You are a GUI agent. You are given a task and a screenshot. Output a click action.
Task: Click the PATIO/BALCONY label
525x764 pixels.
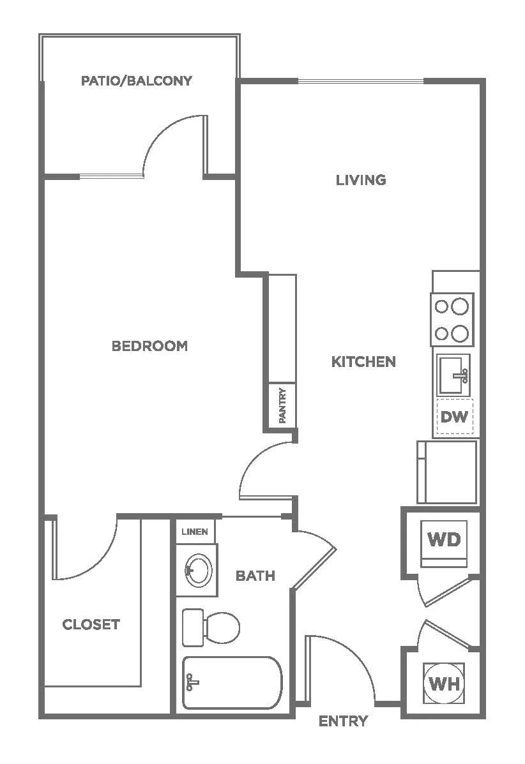click(137, 80)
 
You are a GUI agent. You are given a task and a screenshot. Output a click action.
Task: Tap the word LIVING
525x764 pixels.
click(361, 180)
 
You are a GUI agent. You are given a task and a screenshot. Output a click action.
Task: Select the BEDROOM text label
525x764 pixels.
click(149, 346)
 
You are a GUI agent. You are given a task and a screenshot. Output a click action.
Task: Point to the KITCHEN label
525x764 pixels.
click(363, 361)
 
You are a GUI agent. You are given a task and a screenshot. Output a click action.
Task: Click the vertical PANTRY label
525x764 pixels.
click(282, 405)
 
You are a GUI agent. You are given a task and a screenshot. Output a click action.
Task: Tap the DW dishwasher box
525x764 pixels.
click(454, 417)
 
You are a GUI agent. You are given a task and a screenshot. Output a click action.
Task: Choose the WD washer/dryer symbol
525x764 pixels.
click(444, 544)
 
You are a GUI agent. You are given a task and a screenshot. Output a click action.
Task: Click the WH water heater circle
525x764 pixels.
click(445, 683)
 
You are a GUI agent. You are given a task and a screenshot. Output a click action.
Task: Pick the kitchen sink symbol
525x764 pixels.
click(453, 375)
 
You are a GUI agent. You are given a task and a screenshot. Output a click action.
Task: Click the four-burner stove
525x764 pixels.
click(452, 320)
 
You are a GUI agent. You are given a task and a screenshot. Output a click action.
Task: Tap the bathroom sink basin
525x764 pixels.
click(198, 569)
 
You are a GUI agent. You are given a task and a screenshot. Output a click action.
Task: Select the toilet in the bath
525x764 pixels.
click(211, 627)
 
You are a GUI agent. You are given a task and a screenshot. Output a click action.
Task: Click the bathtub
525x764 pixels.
click(232, 683)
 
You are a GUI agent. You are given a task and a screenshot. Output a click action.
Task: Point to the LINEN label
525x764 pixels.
click(195, 532)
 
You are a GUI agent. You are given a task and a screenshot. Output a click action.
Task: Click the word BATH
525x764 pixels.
click(255, 576)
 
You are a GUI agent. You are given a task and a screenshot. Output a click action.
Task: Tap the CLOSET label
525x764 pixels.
click(91, 625)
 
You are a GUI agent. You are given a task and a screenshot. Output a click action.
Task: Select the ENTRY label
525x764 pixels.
click(343, 721)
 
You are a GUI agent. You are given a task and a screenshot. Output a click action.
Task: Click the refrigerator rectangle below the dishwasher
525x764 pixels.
click(447, 472)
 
